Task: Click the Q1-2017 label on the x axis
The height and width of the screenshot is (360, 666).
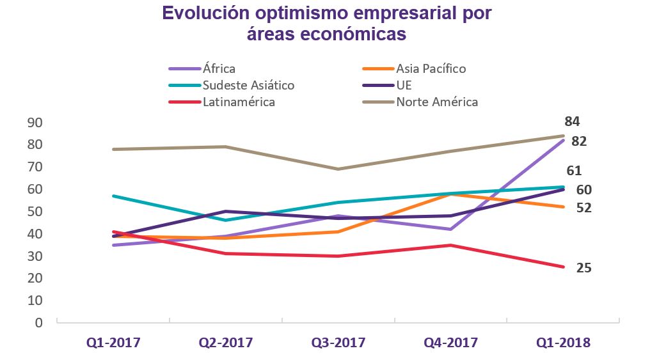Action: point(113,343)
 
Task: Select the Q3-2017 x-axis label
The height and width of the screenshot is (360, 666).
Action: point(338,343)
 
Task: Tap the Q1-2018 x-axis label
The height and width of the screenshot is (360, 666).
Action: point(564,343)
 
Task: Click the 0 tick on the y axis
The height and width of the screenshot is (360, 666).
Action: point(40,323)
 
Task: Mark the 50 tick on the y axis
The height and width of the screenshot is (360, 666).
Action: point(36,212)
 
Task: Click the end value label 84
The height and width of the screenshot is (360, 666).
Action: point(572,121)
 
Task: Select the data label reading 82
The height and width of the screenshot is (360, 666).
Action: point(580,142)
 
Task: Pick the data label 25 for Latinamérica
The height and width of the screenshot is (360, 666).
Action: point(583,268)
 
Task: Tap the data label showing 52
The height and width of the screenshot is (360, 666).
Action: point(583,208)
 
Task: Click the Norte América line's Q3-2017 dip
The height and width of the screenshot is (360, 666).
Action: point(338,169)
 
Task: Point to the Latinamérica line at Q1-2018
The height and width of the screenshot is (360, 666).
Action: point(564,267)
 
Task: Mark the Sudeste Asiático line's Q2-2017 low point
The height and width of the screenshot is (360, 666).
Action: point(226,220)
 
